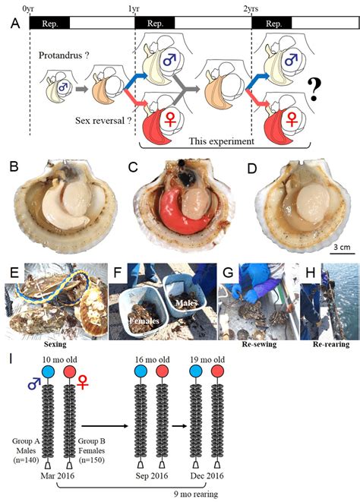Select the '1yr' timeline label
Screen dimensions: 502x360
click(134, 8)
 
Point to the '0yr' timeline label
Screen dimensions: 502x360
click(29, 8)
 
